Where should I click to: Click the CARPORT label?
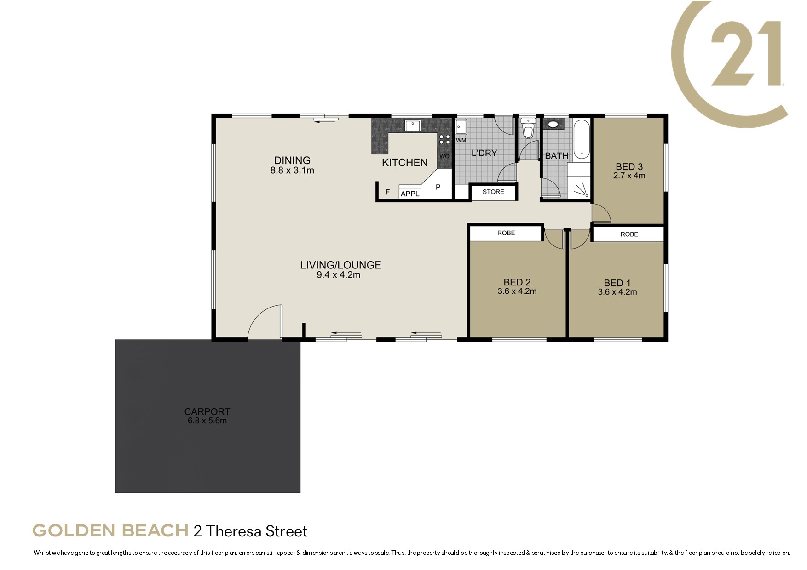(x=207, y=411)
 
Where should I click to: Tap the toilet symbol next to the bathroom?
(x=528, y=128)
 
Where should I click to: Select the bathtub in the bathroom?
(x=582, y=139)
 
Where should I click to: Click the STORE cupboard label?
(x=493, y=192)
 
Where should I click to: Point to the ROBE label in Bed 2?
(x=506, y=233)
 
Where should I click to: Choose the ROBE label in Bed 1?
(x=629, y=234)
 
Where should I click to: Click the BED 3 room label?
(x=629, y=167)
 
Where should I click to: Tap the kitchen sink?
(x=413, y=125)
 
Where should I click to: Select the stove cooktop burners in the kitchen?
(x=444, y=139)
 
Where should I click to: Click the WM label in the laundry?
(x=461, y=140)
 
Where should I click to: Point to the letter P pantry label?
(x=438, y=187)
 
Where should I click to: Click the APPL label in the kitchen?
(x=410, y=194)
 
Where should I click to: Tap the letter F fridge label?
(x=388, y=192)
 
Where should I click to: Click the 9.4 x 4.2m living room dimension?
(x=339, y=275)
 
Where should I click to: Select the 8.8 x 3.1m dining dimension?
(x=292, y=170)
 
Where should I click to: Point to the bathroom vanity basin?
(x=553, y=124)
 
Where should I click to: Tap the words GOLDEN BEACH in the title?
(x=110, y=530)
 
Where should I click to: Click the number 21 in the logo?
(x=746, y=53)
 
